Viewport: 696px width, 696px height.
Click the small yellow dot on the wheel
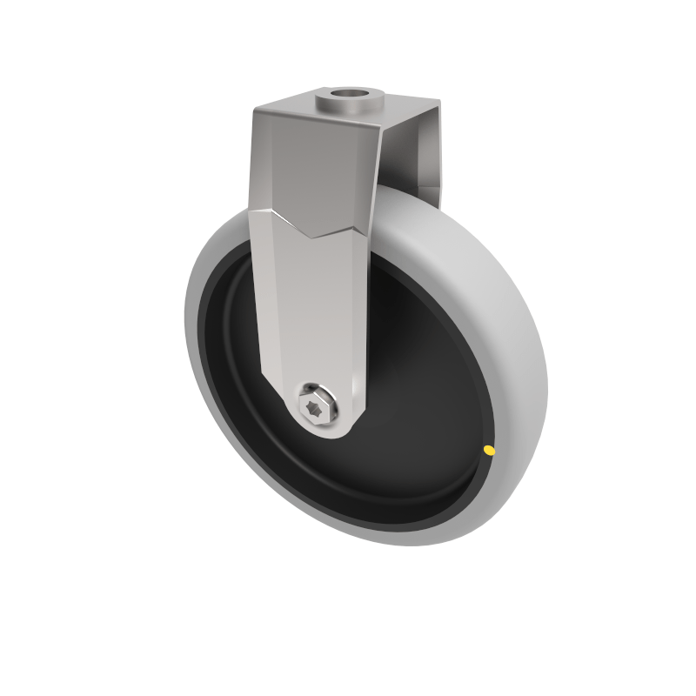tap(489, 451)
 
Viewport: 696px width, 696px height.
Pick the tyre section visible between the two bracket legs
tap(405, 209)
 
